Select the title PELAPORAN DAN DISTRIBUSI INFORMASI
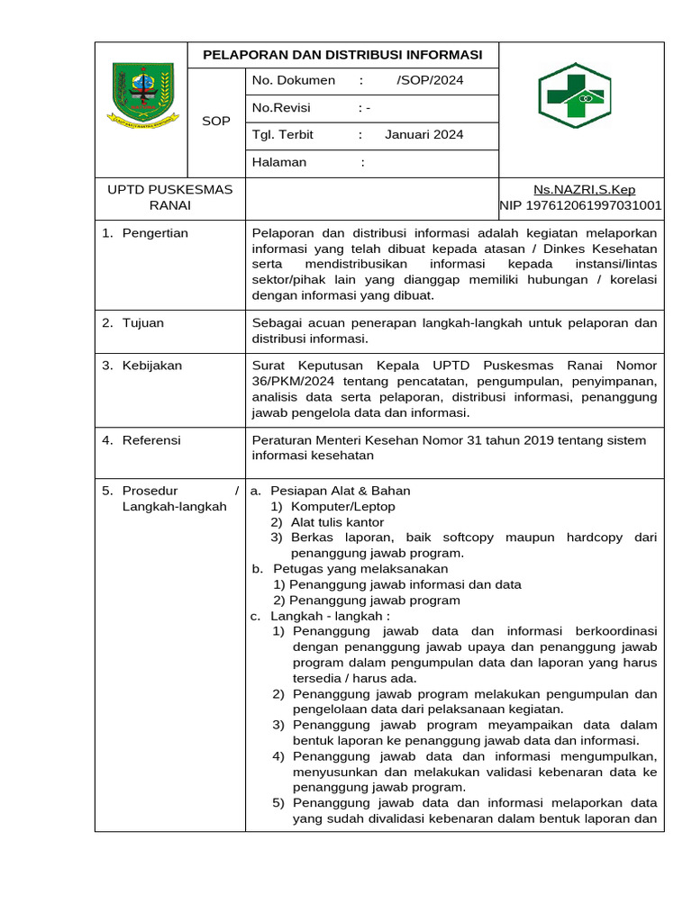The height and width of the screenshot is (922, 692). tap(342, 54)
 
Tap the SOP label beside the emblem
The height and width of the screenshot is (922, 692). tap(216, 121)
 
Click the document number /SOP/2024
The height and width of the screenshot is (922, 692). tap(430, 80)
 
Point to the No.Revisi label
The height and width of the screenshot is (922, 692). tap(281, 107)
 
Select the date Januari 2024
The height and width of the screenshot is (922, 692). tap(423, 135)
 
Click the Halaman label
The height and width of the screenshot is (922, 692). tap(279, 162)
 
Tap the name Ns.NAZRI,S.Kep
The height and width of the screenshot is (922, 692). tap(584, 189)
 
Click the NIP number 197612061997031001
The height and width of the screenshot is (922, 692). tap(580, 205)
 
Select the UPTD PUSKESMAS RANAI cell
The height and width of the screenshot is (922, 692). tap(170, 197)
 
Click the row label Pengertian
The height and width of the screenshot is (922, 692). tap(155, 233)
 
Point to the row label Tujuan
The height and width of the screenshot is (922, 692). tap(143, 322)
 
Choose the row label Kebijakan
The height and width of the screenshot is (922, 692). tap(152, 366)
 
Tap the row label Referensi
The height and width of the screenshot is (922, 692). tap(151, 440)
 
